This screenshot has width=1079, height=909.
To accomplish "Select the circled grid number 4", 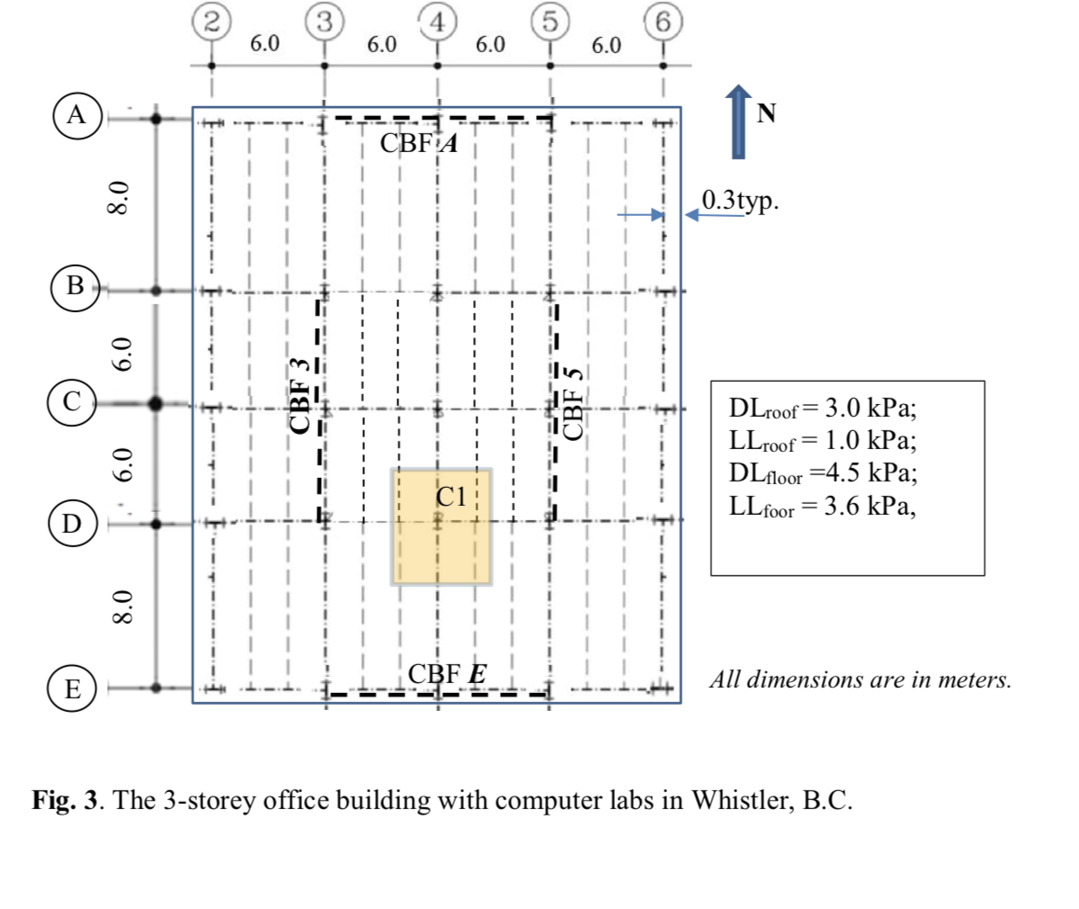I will pyautogui.click(x=437, y=22).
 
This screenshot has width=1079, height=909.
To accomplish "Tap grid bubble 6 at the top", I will pyautogui.click(x=662, y=22).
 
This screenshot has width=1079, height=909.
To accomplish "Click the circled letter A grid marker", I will pyautogui.click(x=77, y=115).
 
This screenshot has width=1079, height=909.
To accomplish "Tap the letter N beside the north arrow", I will pyautogui.click(x=766, y=113).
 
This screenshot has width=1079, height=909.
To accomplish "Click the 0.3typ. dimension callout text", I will pyautogui.click(x=740, y=200).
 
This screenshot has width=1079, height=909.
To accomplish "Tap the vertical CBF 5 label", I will pyautogui.click(x=573, y=400).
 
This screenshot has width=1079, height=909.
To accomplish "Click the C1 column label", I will pyautogui.click(x=452, y=495).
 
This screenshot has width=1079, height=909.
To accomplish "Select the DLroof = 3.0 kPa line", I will pyautogui.click(x=823, y=409).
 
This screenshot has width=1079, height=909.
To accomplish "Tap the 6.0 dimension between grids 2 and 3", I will pyautogui.click(x=264, y=44).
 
